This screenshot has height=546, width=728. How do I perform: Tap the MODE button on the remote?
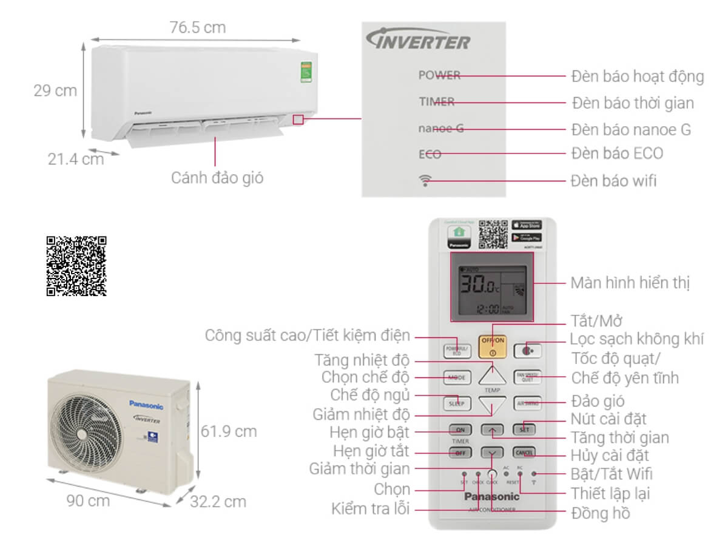[457, 377]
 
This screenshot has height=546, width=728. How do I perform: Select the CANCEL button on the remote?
[523, 453]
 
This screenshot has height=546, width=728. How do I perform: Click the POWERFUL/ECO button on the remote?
[457, 351]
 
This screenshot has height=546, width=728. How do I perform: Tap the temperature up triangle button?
[492, 376]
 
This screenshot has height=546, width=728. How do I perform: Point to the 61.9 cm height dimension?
[229, 432]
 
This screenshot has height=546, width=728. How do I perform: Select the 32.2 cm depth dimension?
[218, 502]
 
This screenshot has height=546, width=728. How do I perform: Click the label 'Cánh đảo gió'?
[217, 178]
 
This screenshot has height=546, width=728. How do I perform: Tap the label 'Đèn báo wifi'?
[614, 181]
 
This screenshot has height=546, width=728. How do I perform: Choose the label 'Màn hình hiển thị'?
[630, 283]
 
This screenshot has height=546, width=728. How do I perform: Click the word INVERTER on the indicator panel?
[419, 41]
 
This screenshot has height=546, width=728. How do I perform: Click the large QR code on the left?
[76, 266]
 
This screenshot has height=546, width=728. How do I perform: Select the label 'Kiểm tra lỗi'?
[371, 508]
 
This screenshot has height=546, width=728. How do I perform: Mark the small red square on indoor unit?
[297, 119]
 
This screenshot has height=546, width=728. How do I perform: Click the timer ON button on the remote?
[459, 430]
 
